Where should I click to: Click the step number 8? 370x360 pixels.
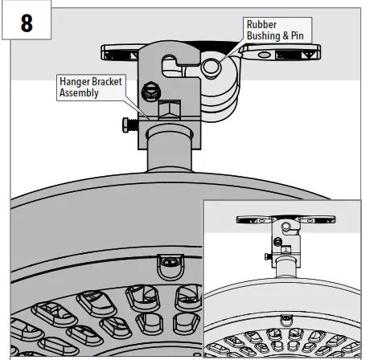click(x=26, y=22)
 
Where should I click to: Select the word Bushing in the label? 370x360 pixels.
click(x=265, y=35)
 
